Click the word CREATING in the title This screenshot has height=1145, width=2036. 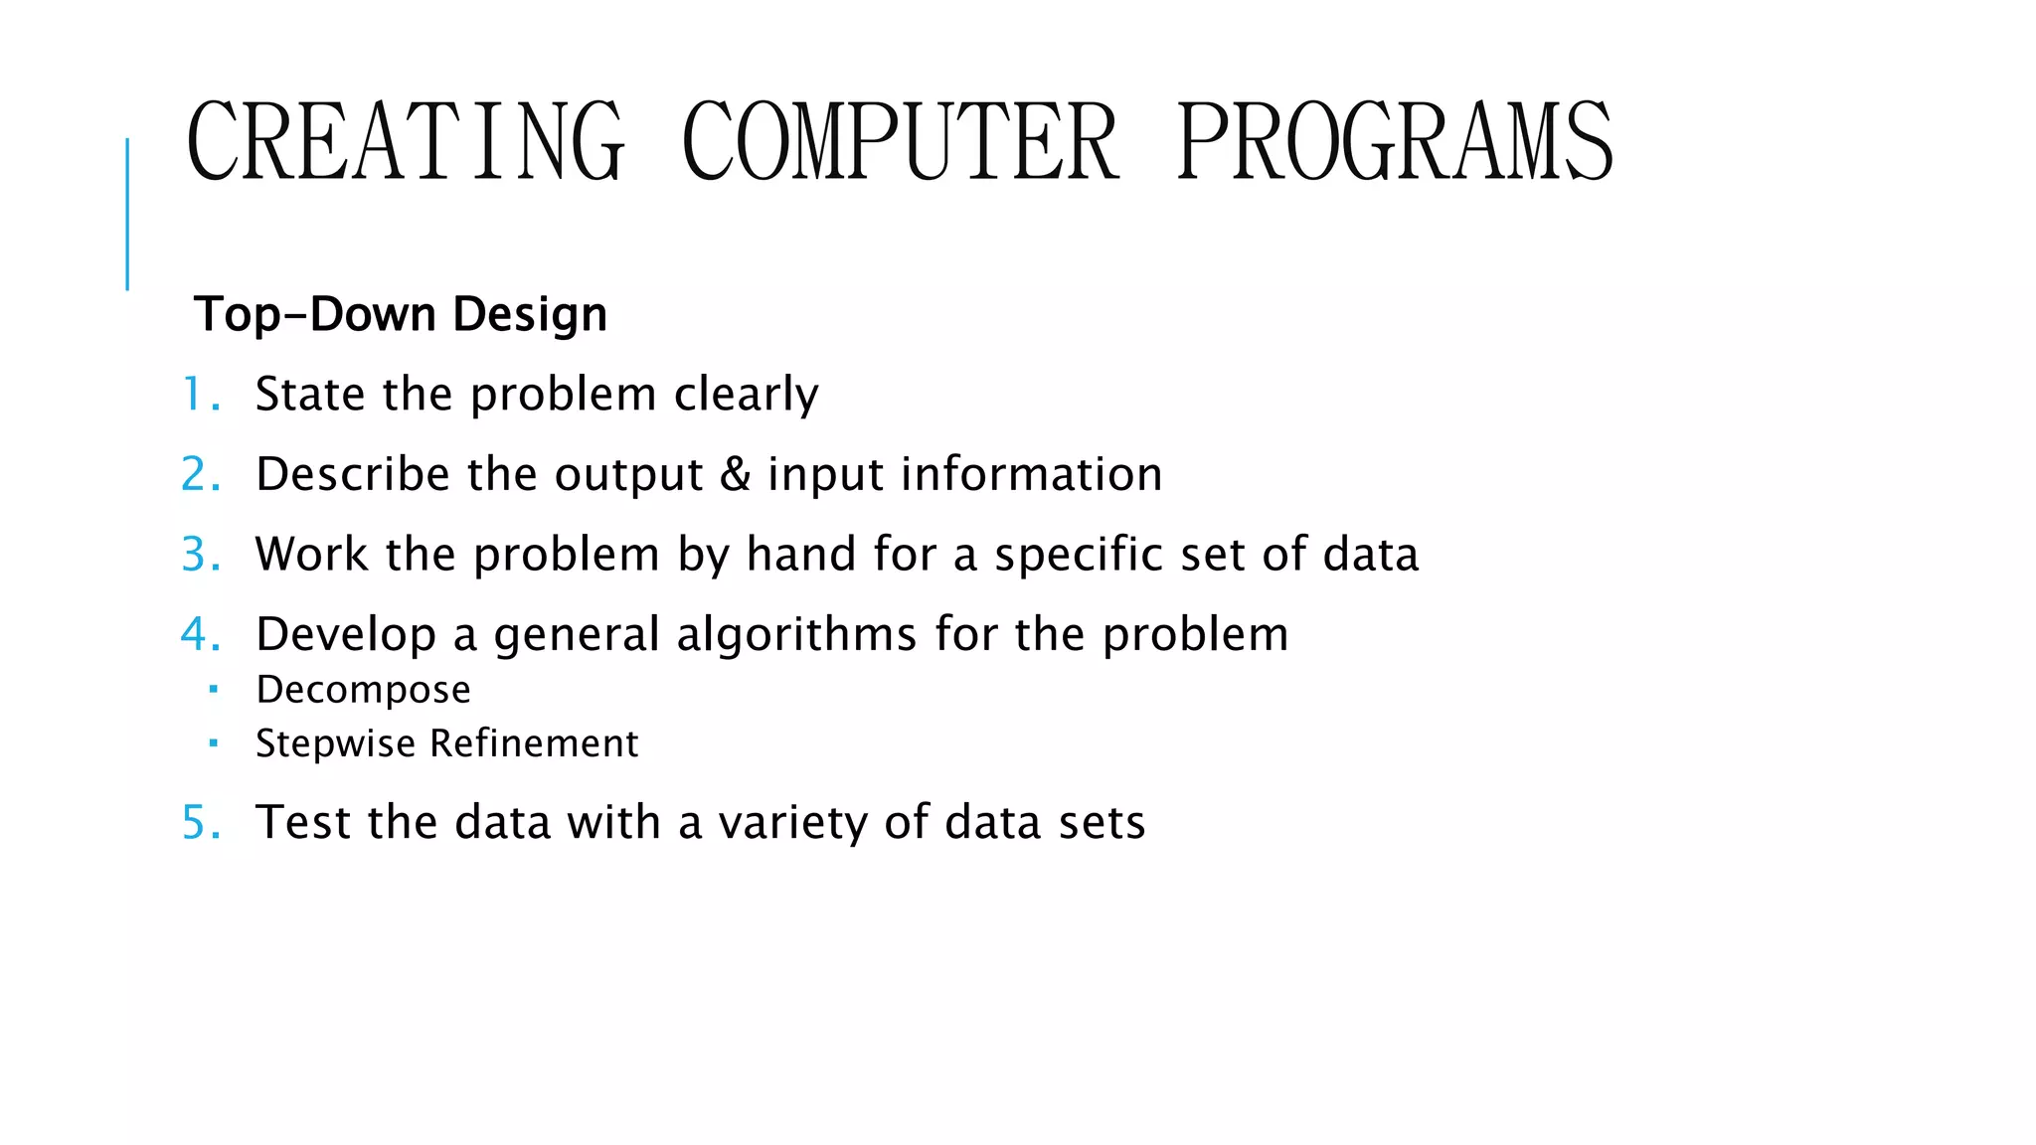coord(406,141)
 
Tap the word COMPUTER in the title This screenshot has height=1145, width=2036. coord(900,141)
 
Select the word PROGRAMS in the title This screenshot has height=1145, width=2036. coord(1394,141)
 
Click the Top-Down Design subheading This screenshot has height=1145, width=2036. coord(401,314)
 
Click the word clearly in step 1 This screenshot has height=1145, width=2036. coord(746,395)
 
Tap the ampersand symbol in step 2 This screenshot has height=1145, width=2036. coord(735,474)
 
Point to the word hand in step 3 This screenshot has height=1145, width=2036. coord(801,554)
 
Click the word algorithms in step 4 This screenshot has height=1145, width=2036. coord(796,635)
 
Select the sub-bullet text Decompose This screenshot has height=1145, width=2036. coord(363,690)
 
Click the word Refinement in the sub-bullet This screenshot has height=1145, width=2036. coord(534,743)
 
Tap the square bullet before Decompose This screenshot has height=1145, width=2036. coord(213,688)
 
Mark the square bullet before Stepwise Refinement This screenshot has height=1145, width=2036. coord(213,741)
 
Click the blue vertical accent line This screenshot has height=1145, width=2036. coord(127,214)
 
